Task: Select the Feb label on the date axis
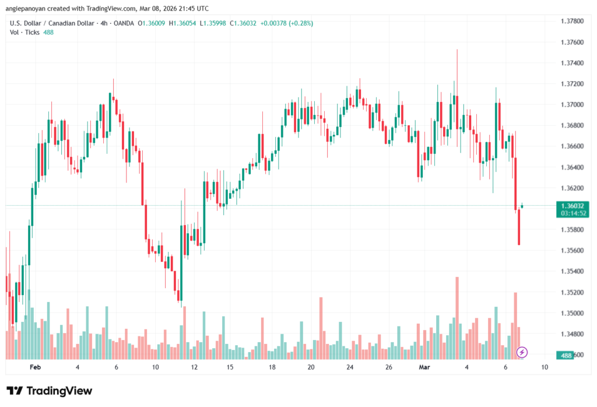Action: [35, 367]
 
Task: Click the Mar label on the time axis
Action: [424, 367]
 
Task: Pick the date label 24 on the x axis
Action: [350, 367]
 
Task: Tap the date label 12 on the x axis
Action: [194, 367]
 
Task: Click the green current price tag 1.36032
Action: [572, 206]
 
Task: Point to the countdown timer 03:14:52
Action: [572, 213]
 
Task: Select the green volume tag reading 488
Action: [566, 355]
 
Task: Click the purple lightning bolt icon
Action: [522, 352]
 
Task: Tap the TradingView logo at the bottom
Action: [49, 391]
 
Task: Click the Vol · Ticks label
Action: [24, 32]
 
